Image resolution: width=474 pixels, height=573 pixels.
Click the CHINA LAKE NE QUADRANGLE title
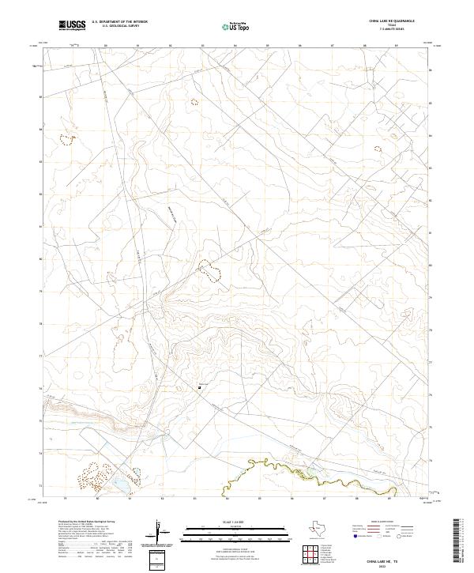pyautogui.click(x=391, y=21)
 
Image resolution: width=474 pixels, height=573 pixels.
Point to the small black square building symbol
pyautogui.click(x=199, y=387)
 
